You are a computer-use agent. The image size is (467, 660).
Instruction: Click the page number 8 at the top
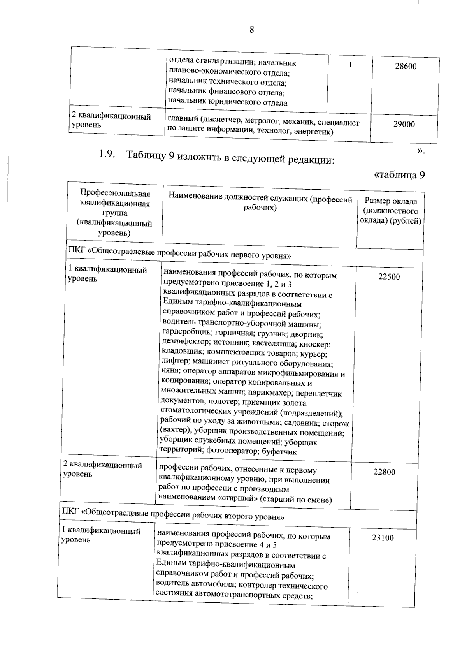click(x=251, y=30)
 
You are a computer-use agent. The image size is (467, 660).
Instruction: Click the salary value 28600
click(x=405, y=66)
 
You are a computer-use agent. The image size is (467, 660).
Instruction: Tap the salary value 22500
click(x=389, y=277)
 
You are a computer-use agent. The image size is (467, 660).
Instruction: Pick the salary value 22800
click(x=384, y=472)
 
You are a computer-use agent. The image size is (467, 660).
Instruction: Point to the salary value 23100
click(x=383, y=538)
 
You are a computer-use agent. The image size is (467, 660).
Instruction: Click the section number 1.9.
click(x=107, y=154)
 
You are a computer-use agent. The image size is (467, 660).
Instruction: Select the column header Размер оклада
click(x=391, y=201)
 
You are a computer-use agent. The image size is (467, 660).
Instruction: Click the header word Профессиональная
click(x=115, y=193)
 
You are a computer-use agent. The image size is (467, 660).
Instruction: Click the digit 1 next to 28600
click(x=350, y=65)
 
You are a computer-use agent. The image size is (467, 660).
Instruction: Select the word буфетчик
click(x=279, y=452)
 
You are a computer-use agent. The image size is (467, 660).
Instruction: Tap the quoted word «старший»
click(x=238, y=499)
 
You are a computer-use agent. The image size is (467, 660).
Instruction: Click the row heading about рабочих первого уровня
click(x=179, y=255)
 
